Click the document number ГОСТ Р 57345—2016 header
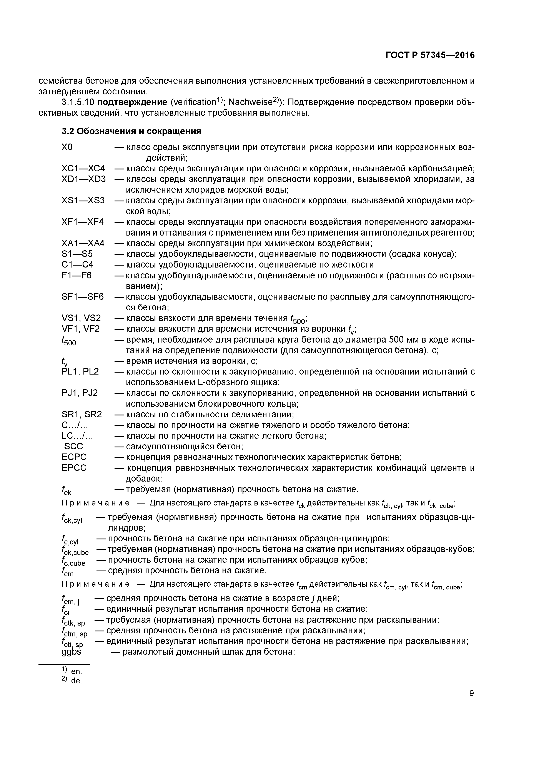pos(430,55)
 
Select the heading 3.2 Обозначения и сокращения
pos(131,131)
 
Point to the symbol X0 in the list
pos(67,147)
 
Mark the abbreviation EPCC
pos(74,468)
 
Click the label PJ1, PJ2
pos(80,393)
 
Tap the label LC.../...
pos(77,435)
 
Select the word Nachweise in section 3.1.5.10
pos(249,102)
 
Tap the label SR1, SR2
pos(82,414)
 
